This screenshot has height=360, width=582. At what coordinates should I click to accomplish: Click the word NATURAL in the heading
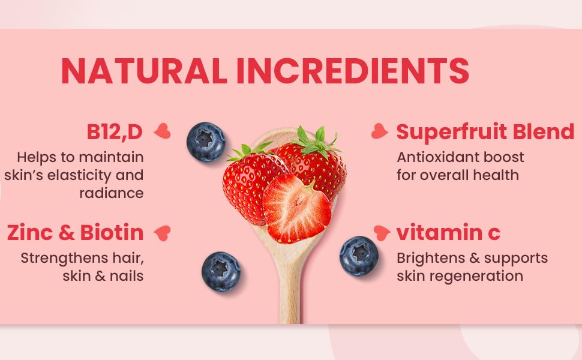point(144,71)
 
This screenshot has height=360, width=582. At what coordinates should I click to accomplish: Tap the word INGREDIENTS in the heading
point(353,71)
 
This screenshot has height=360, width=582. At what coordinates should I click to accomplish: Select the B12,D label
point(115,132)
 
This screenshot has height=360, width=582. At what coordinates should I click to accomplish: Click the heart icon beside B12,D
point(163,131)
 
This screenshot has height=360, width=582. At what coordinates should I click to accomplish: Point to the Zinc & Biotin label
point(76,233)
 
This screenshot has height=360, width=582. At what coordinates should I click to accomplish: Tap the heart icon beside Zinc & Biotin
point(163,233)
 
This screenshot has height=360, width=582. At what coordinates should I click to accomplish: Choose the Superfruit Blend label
point(485,132)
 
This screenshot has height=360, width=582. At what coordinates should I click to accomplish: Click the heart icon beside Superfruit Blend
point(379,131)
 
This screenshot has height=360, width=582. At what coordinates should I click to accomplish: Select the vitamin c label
point(448,233)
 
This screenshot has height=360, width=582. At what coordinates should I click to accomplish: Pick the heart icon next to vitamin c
point(382,233)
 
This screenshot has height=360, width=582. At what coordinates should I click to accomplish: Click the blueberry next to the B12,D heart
point(206,142)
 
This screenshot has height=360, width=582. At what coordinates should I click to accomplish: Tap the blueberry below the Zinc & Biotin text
point(221,272)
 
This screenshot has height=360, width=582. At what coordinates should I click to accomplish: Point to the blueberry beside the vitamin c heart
point(359,256)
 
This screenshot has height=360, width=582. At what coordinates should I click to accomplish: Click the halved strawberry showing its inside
point(296,209)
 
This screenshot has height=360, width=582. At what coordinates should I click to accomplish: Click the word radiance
point(112,193)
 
